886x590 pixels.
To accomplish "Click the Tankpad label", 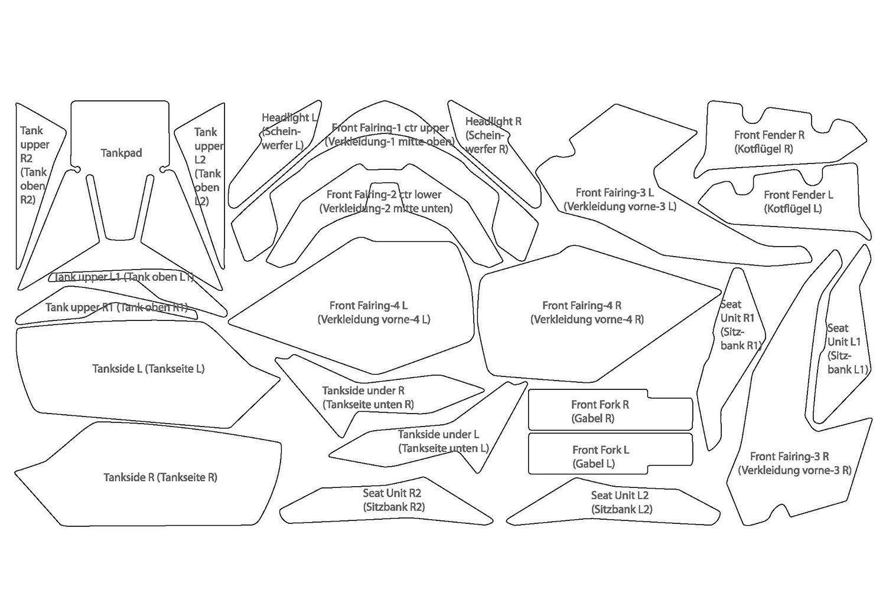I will tap(121, 153).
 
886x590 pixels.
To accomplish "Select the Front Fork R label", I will tap(600, 411).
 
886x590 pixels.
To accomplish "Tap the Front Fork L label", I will tap(600, 456).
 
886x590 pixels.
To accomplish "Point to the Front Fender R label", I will tap(768, 142).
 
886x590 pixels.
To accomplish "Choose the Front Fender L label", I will tap(797, 201).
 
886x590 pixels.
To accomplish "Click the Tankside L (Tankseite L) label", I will tap(148, 369).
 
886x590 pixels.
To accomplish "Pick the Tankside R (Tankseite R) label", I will tap(160, 477).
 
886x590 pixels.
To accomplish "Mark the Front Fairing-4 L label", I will tap(373, 312).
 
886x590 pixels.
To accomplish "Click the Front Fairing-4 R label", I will tap(587, 312).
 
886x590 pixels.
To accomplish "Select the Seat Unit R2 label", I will tap(393, 500).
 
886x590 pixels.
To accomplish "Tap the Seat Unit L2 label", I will tap(621, 502).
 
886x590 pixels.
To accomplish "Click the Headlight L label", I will tap(288, 131).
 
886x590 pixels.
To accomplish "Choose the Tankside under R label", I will tap(367, 397).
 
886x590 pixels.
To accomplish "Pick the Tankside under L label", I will tap(442, 441).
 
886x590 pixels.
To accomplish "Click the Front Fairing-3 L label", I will tap(620, 199).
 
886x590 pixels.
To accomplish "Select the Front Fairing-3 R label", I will tap(794, 463).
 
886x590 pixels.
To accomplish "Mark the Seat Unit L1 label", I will tap(846, 348).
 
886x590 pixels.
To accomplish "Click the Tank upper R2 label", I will tap(34, 165).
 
